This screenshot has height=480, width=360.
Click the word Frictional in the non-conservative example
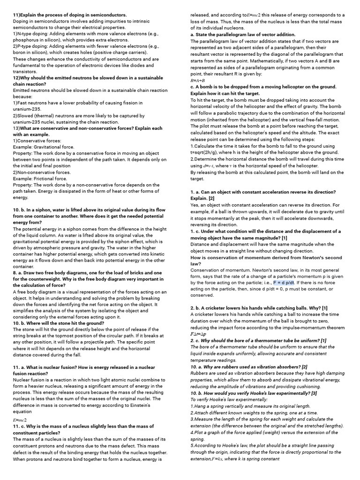pyautogui.click(x=49, y=179)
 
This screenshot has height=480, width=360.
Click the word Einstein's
pyautogui.click(x=136, y=405)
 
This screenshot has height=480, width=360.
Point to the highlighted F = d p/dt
pyautogui.click(x=291, y=283)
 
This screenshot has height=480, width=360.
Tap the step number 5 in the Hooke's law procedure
pyautogui.click(x=192, y=445)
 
